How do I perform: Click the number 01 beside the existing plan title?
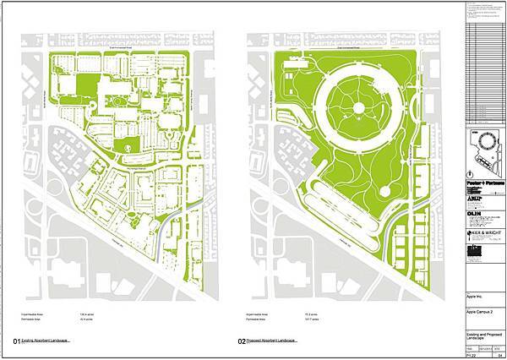17,341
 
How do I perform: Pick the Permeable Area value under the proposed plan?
306,318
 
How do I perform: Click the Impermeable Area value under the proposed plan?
306,312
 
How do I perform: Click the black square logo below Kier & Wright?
472,253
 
